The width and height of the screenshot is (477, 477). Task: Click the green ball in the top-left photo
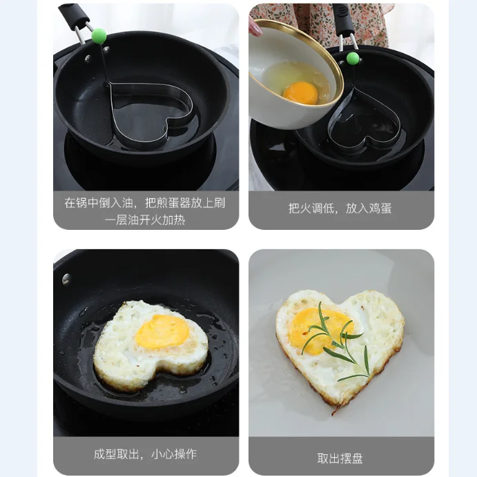click(x=99, y=36)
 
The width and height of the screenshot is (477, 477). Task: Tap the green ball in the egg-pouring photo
click(x=353, y=58)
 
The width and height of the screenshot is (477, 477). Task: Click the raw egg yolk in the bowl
click(x=300, y=93)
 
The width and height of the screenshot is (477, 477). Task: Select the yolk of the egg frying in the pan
click(x=162, y=331)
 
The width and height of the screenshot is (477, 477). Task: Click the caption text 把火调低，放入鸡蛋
click(x=340, y=208)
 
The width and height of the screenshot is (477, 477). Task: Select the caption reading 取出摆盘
click(x=340, y=458)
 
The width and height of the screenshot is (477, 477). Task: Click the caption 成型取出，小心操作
click(x=146, y=454)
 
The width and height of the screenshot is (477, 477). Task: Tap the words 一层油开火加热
click(x=145, y=220)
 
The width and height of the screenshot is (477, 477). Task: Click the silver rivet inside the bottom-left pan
click(x=66, y=279)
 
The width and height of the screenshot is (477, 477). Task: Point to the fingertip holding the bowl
click(x=255, y=28)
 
